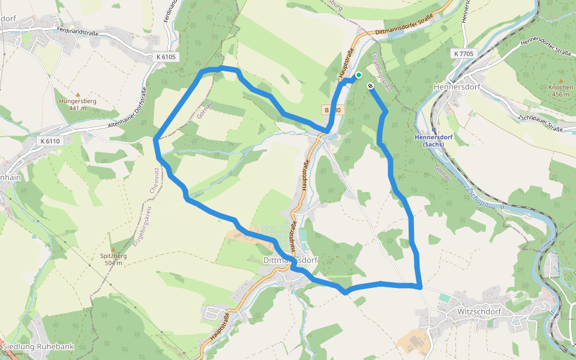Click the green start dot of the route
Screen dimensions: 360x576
click(359, 75)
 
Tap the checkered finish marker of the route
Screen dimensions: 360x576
click(371, 86)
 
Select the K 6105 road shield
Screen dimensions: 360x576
click(166, 57)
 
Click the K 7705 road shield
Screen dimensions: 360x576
click(464, 53)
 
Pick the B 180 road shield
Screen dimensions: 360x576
click(332, 110)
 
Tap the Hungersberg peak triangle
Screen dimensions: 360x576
click(77, 94)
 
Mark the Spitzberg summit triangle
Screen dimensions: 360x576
click(113, 249)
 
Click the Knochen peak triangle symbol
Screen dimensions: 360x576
click(560, 80)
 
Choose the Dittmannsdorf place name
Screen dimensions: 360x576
click(290, 260)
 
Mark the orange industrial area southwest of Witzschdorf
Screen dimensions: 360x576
click(414, 342)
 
